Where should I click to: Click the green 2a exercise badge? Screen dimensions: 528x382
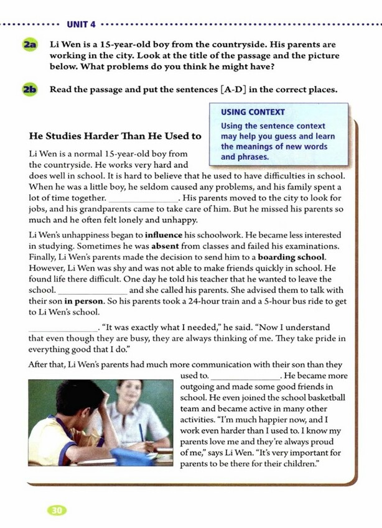[29, 45]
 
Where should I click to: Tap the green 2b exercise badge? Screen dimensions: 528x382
[29, 89]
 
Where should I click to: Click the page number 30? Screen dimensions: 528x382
[57, 510]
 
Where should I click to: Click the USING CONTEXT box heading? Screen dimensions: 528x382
[253, 112]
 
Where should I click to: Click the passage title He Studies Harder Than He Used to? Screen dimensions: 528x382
[115, 136]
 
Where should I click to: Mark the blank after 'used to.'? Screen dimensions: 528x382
[246, 376]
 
